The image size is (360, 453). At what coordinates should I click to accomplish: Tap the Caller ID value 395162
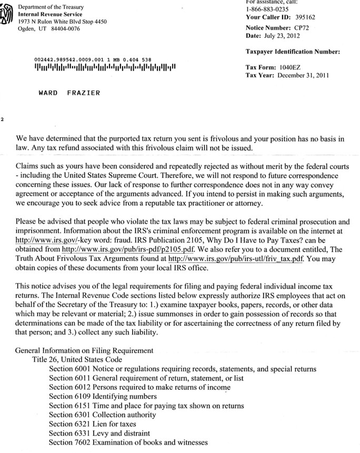tap(305, 17)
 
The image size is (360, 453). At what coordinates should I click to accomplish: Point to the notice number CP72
tap(300, 27)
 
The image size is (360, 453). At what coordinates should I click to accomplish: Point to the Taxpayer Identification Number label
tap(293, 52)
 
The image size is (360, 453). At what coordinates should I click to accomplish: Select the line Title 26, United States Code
tap(77, 360)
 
